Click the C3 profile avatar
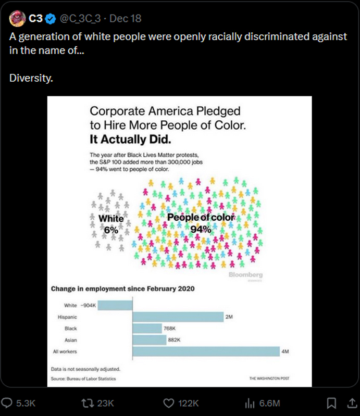[17, 19]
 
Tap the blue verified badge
[51, 19]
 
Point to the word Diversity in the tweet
[31, 79]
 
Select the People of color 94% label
[201, 222]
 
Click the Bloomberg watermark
[245, 274]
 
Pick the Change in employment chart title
[122, 289]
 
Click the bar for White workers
[115, 305]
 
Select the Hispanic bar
[178, 317]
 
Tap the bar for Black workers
[147, 329]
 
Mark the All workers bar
[206, 352]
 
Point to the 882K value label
[174, 340]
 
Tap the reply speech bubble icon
[9, 403]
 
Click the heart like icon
[168, 403]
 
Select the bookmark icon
[330, 403]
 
